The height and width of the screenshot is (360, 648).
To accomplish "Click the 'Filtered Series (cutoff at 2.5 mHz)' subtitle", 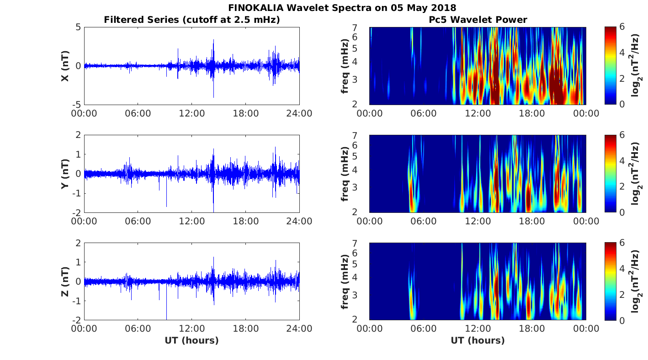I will [192, 20].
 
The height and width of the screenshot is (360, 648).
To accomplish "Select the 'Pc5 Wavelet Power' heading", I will [478, 20].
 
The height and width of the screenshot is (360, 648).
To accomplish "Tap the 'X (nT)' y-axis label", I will [65, 66].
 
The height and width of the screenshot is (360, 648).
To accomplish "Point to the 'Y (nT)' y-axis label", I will [65, 174].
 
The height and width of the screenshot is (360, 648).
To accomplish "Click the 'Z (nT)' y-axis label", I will [65, 281].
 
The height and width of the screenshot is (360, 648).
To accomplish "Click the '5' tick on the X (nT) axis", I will [78, 27].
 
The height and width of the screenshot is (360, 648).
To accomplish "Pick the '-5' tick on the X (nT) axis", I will [76, 105].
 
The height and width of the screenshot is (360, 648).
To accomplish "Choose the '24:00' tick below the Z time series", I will [299, 329].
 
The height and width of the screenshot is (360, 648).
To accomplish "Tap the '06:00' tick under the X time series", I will [138, 113].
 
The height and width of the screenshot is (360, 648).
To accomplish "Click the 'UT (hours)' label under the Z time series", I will [192, 340].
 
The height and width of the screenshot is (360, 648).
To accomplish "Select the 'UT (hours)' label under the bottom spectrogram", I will [478, 340].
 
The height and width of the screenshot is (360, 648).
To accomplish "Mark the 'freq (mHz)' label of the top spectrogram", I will [345, 66].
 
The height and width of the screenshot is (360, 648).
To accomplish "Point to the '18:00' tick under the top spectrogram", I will [532, 113].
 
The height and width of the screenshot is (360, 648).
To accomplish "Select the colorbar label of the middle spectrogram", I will [635, 174].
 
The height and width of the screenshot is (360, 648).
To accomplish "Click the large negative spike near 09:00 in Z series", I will [166, 315].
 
